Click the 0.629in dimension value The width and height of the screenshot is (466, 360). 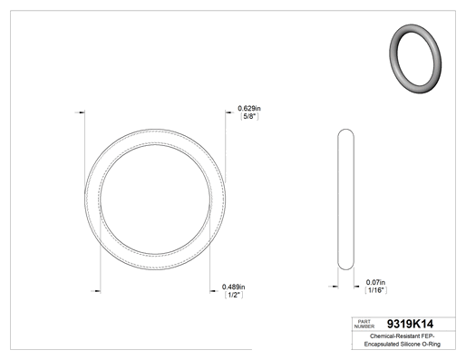click(249, 108)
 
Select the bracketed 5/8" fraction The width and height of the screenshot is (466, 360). click(249, 116)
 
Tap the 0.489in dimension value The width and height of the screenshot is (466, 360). click(233, 287)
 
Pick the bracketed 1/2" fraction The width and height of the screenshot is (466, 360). click(234, 295)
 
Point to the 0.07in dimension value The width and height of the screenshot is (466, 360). click(375, 282)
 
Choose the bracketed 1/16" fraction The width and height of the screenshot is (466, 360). click(376, 290)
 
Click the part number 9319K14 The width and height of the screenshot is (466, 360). click(410, 324)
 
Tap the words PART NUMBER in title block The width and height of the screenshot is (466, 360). click(364, 324)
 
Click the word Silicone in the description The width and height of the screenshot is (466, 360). click(410, 344)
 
